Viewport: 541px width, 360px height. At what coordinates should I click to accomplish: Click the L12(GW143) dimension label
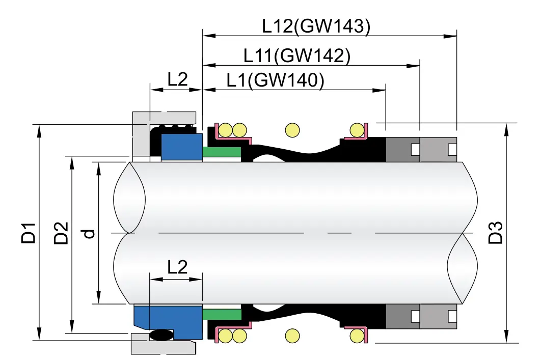[x=316, y=26]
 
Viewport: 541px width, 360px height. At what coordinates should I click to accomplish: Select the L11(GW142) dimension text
[x=297, y=56]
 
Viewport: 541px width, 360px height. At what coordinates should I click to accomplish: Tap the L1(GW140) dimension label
[x=275, y=80]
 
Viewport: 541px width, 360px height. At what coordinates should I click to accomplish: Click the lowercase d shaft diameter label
[x=89, y=233]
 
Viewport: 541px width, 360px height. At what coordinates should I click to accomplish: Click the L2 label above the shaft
[x=177, y=79]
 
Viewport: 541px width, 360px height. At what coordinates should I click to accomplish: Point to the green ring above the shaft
[x=221, y=152]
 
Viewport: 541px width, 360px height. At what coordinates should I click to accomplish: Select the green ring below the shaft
[x=221, y=314]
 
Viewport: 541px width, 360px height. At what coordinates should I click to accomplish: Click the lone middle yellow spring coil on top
[x=292, y=130]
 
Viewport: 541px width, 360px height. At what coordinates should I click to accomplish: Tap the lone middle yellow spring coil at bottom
[x=292, y=336]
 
